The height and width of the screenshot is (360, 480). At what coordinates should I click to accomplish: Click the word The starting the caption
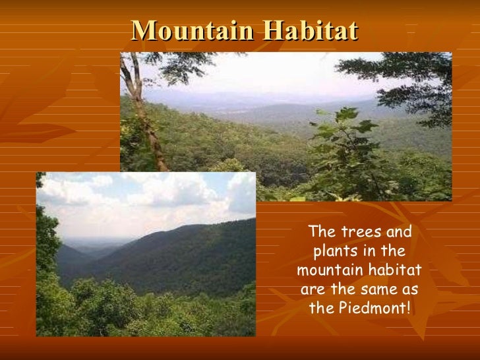coord(321,233)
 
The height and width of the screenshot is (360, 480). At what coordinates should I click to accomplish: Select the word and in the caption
coord(398,233)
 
